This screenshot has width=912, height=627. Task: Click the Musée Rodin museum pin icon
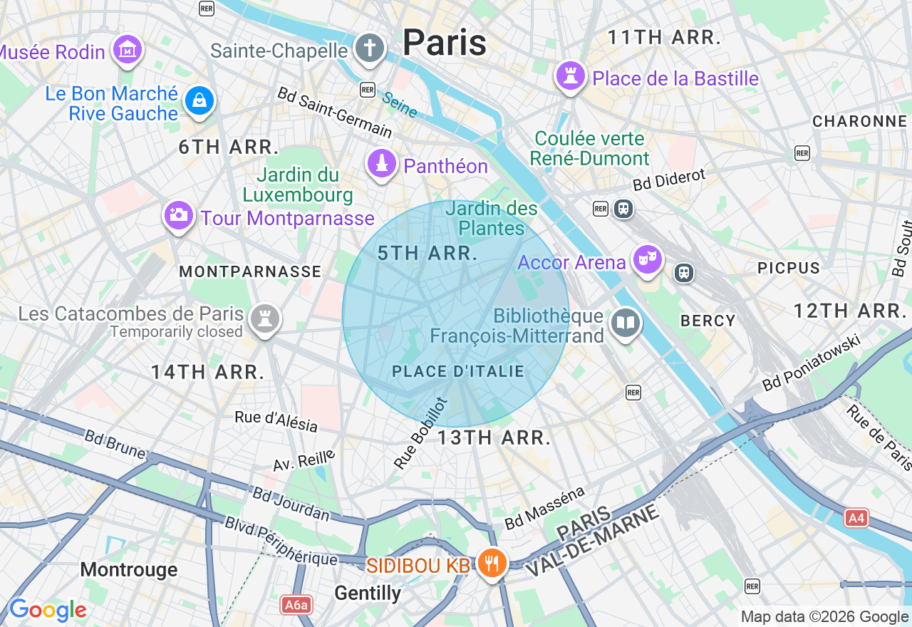point(128,49)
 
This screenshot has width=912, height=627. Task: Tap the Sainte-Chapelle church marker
point(369,48)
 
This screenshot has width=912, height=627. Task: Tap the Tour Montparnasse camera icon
point(178,214)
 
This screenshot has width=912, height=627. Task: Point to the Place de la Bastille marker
point(570,76)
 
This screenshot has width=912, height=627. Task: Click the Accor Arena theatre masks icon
point(647,260)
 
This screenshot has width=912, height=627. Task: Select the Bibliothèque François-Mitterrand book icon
point(626,323)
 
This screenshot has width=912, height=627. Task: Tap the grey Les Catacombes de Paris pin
point(265,318)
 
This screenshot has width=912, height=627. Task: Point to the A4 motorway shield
point(856,518)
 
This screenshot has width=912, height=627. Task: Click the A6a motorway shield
point(296,605)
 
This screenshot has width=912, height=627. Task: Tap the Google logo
point(47,610)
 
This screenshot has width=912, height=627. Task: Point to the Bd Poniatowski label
point(812,363)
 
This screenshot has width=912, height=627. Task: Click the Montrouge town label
point(129,569)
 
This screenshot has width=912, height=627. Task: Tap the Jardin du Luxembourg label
point(298,185)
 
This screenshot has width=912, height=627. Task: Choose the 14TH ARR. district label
point(208,371)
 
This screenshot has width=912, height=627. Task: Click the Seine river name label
point(400,104)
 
